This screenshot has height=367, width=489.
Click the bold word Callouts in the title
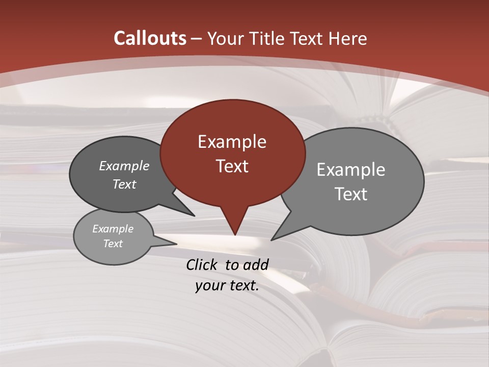(x=150, y=38)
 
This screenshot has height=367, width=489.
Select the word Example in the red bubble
(x=232, y=142)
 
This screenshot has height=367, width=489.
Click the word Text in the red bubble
(x=232, y=166)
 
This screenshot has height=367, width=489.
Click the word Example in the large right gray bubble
(x=351, y=170)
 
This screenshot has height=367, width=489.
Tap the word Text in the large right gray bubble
(x=351, y=194)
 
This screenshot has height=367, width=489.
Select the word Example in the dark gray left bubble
(x=124, y=166)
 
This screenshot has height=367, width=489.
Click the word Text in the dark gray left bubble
(x=124, y=184)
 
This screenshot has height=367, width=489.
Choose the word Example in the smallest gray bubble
(x=113, y=229)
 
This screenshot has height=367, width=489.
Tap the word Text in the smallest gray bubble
(x=113, y=244)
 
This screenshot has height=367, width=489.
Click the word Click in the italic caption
(x=202, y=265)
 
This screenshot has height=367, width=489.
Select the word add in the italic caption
(x=256, y=265)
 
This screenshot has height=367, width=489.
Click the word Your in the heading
(x=226, y=38)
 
